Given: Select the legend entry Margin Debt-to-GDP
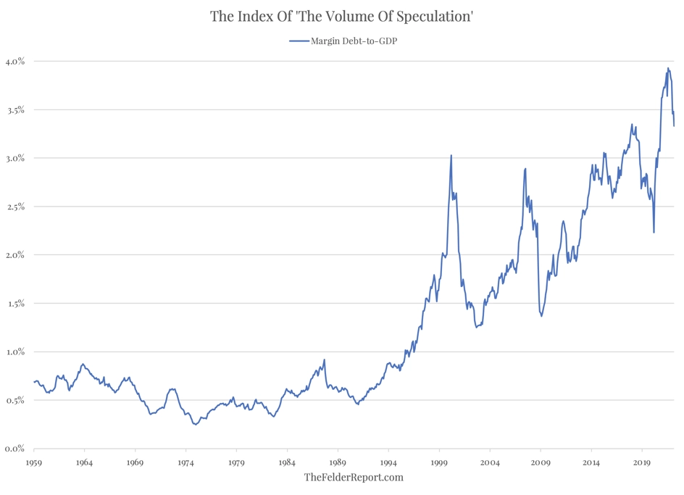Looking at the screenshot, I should pos(354,41).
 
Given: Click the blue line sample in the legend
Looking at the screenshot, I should pos(299,41).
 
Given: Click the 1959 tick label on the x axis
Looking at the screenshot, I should pos(33,462).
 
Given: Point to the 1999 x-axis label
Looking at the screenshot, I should pos(439,462).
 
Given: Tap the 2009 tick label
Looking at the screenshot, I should pos(541,462).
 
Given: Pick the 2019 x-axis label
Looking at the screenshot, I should pos(642,462).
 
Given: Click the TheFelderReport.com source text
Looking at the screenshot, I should pos(354,477).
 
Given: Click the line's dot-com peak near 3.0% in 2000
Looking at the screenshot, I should pos(451,155).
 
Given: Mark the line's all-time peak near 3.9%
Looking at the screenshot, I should pos(668,68).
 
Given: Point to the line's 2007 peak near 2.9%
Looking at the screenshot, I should pos(525,169).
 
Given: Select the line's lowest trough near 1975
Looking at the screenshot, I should pos(195,425).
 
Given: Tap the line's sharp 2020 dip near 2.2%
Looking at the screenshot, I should pos(654,232).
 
